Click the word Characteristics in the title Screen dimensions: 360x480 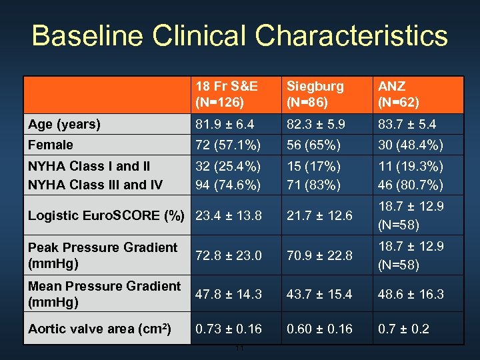coord(353,36)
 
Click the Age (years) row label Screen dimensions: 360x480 coord(65,125)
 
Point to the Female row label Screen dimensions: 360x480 coord(51,145)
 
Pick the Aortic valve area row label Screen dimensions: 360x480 coord(99,329)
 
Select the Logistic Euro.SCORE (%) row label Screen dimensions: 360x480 coord(106,215)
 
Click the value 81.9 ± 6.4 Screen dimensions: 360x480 coord(225,125)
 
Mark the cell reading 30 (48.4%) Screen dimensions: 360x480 coord(411,145)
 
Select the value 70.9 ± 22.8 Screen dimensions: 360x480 coord(319,255)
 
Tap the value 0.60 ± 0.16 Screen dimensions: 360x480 coord(319,329)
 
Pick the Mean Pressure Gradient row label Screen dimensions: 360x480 coord(104,294)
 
